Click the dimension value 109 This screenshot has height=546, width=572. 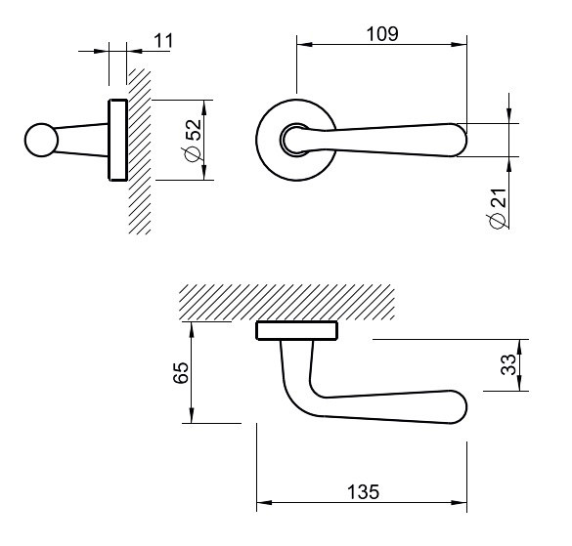[x=382, y=34]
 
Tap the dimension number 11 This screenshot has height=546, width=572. [x=163, y=40]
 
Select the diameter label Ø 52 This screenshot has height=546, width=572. [x=194, y=140]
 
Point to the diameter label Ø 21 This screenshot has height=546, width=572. [x=498, y=208]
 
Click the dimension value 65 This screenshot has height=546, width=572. [x=181, y=372]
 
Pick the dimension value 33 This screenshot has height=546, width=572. [x=508, y=364]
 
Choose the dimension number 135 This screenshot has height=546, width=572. [x=363, y=491]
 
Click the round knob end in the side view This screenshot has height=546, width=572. [x=41, y=140]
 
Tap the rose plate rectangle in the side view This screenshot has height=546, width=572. [x=118, y=140]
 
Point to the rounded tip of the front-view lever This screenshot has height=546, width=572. [x=461, y=140]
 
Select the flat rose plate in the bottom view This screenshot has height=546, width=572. [x=297, y=330]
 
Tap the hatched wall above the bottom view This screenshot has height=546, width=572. [x=286, y=303]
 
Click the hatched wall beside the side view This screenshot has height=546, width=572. [x=140, y=150]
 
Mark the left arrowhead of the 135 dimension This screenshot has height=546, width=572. [x=264, y=503]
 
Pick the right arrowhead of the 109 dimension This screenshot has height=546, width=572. [x=460, y=45]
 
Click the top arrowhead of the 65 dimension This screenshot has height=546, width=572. [x=192, y=329]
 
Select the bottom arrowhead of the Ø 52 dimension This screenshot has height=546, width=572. [x=204, y=173]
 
